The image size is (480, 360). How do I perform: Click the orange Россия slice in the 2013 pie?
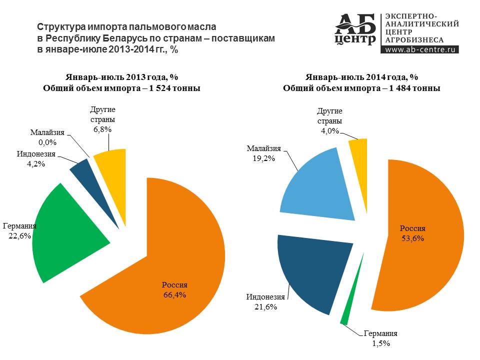coord(171,263)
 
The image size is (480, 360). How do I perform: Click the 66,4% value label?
coord(174,295)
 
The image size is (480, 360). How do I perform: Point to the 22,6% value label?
coord(19,235)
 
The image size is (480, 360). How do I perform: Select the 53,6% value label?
coord(412,238)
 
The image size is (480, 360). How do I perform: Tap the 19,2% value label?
coord(263,158)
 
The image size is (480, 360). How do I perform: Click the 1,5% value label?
coord(381,343)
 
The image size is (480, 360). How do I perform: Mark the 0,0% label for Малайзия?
coord(47,142)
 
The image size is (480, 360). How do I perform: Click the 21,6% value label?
coord(265,306)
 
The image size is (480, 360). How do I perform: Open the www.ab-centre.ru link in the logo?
coord(420,49)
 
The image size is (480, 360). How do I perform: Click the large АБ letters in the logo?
coord(355,24)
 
